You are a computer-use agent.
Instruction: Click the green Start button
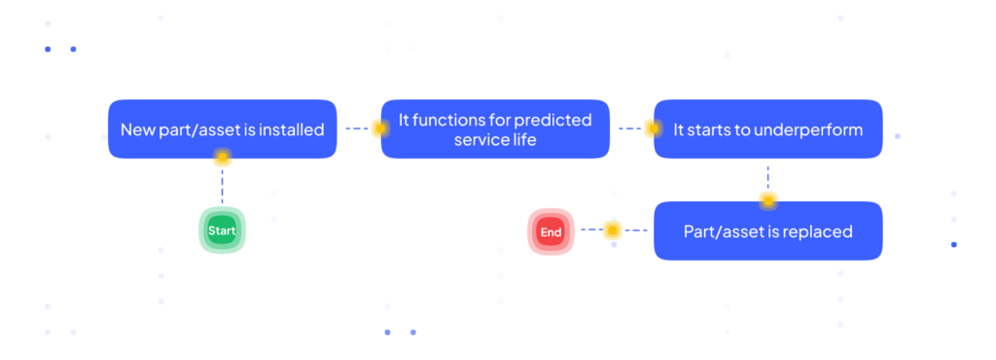tap(223, 231)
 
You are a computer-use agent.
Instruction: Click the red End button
tap(551, 232)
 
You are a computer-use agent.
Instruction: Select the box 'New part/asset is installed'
tap(223, 128)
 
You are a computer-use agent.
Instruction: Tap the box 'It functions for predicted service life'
tap(495, 128)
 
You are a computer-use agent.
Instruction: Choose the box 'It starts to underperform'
tap(768, 128)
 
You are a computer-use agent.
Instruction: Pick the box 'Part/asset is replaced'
tap(768, 232)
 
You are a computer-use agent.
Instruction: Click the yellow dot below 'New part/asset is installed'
tap(223, 157)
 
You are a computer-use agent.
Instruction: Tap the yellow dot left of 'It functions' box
tap(380, 128)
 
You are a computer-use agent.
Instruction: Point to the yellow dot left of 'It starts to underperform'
tap(653, 128)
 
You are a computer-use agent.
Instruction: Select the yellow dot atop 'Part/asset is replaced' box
tap(768, 201)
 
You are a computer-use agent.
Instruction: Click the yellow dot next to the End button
tap(612, 230)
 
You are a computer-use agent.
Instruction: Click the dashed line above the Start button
tap(223, 186)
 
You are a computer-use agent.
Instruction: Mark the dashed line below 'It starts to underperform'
tap(768, 178)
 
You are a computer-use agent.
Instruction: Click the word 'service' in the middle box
tap(477, 140)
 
